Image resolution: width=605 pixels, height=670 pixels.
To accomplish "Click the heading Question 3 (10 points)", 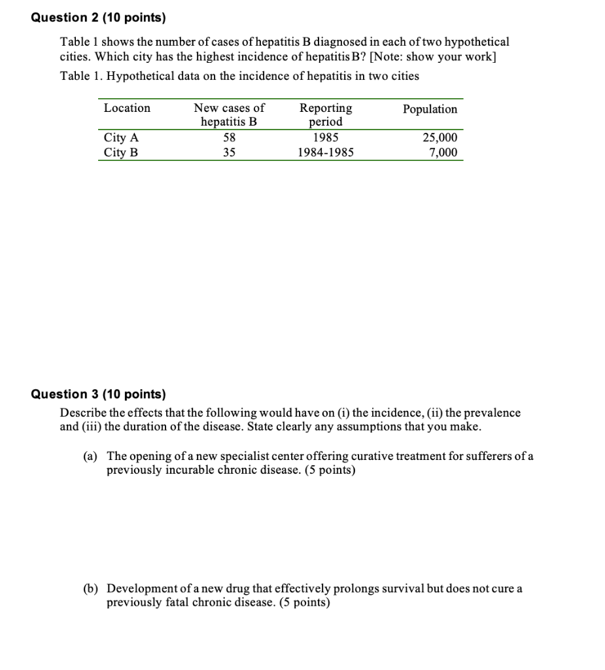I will pyautogui.click(x=99, y=394).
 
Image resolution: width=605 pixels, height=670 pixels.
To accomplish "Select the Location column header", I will pyautogui.click(x=127, y=108).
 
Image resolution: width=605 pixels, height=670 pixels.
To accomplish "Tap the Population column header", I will pyautogui.click(x=430, y=109).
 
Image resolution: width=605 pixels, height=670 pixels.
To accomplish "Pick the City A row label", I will pyautogui.click(x=121, y=138).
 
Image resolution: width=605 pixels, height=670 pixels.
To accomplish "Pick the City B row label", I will pyautogui.click(x=121, y=152).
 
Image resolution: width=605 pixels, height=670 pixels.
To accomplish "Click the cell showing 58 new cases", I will pyautogui.click(x=229, y=138).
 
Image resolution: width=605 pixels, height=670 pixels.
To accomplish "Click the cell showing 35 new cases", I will pyautogui.click(x=229, y=152).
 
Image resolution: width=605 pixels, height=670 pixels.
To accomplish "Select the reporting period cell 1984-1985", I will pyautogui.click(x=325, y=152).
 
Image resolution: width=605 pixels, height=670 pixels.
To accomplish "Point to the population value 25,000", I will pyautogui.click(x=440, y=138).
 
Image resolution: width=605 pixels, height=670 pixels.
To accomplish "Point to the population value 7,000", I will pyautogui.click(x=443, y=152).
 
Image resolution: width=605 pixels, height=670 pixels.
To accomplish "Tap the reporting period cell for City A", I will pyautogui.click(x=325, y=138).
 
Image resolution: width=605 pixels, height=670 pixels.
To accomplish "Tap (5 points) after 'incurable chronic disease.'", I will pyautogui.click(x=330, y=470).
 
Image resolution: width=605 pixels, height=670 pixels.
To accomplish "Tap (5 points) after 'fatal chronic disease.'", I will pyautogui.click(x=304, y=602).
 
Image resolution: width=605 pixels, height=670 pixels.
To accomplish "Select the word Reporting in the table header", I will pyautogui.click(x=325, y=108).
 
